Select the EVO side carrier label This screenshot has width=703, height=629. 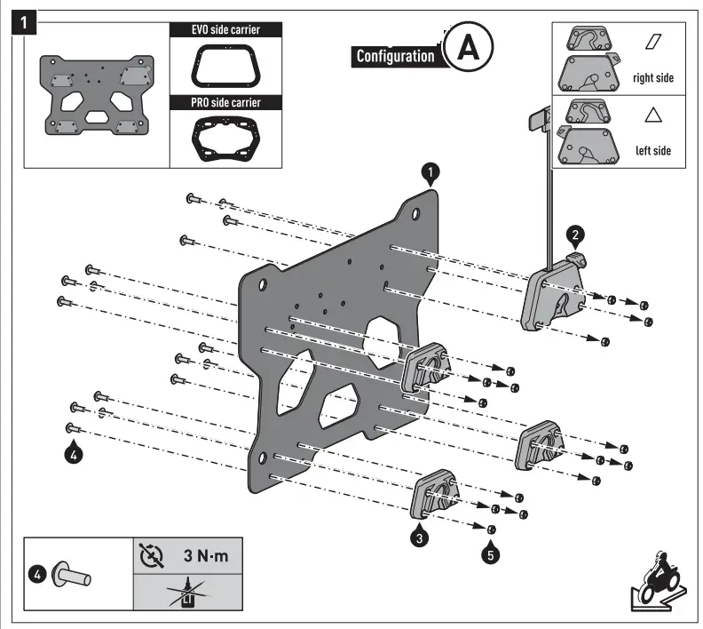(x=226, y=29)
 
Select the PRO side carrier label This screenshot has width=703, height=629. (x=226, y=102)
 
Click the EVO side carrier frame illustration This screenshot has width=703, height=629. (x=226, y=66)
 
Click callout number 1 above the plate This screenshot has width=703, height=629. (x=430, y=171)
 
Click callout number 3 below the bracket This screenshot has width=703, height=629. (x=420, y=536)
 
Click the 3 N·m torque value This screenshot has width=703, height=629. (x=203, y=558)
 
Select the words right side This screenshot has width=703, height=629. (x=652, y=77)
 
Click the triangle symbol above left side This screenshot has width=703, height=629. (x=653, y=115)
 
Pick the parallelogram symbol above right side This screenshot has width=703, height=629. (x=653, y=42)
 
